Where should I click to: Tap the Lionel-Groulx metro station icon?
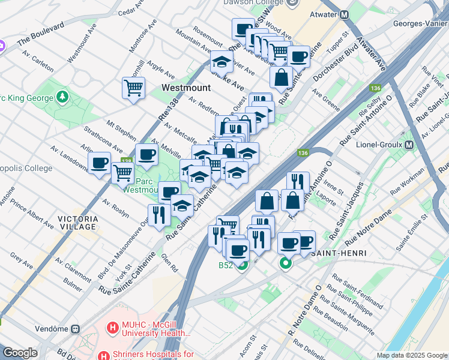point(409,145)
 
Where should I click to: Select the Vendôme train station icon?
point(76,329)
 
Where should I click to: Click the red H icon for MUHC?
point(111,328)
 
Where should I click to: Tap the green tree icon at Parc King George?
point(62,97)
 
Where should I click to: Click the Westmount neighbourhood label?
point(186,88)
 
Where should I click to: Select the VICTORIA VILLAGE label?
point(77,223)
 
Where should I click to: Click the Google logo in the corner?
point(20,353)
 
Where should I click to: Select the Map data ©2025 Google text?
point(412,355)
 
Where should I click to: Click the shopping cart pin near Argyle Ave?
point(133,88)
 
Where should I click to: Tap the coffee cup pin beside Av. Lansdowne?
point(99,163)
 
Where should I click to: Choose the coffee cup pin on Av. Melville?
point(146,155)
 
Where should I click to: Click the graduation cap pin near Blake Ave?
point(221,61)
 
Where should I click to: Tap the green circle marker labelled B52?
point(241,265)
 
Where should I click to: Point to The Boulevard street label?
point(41,35)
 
